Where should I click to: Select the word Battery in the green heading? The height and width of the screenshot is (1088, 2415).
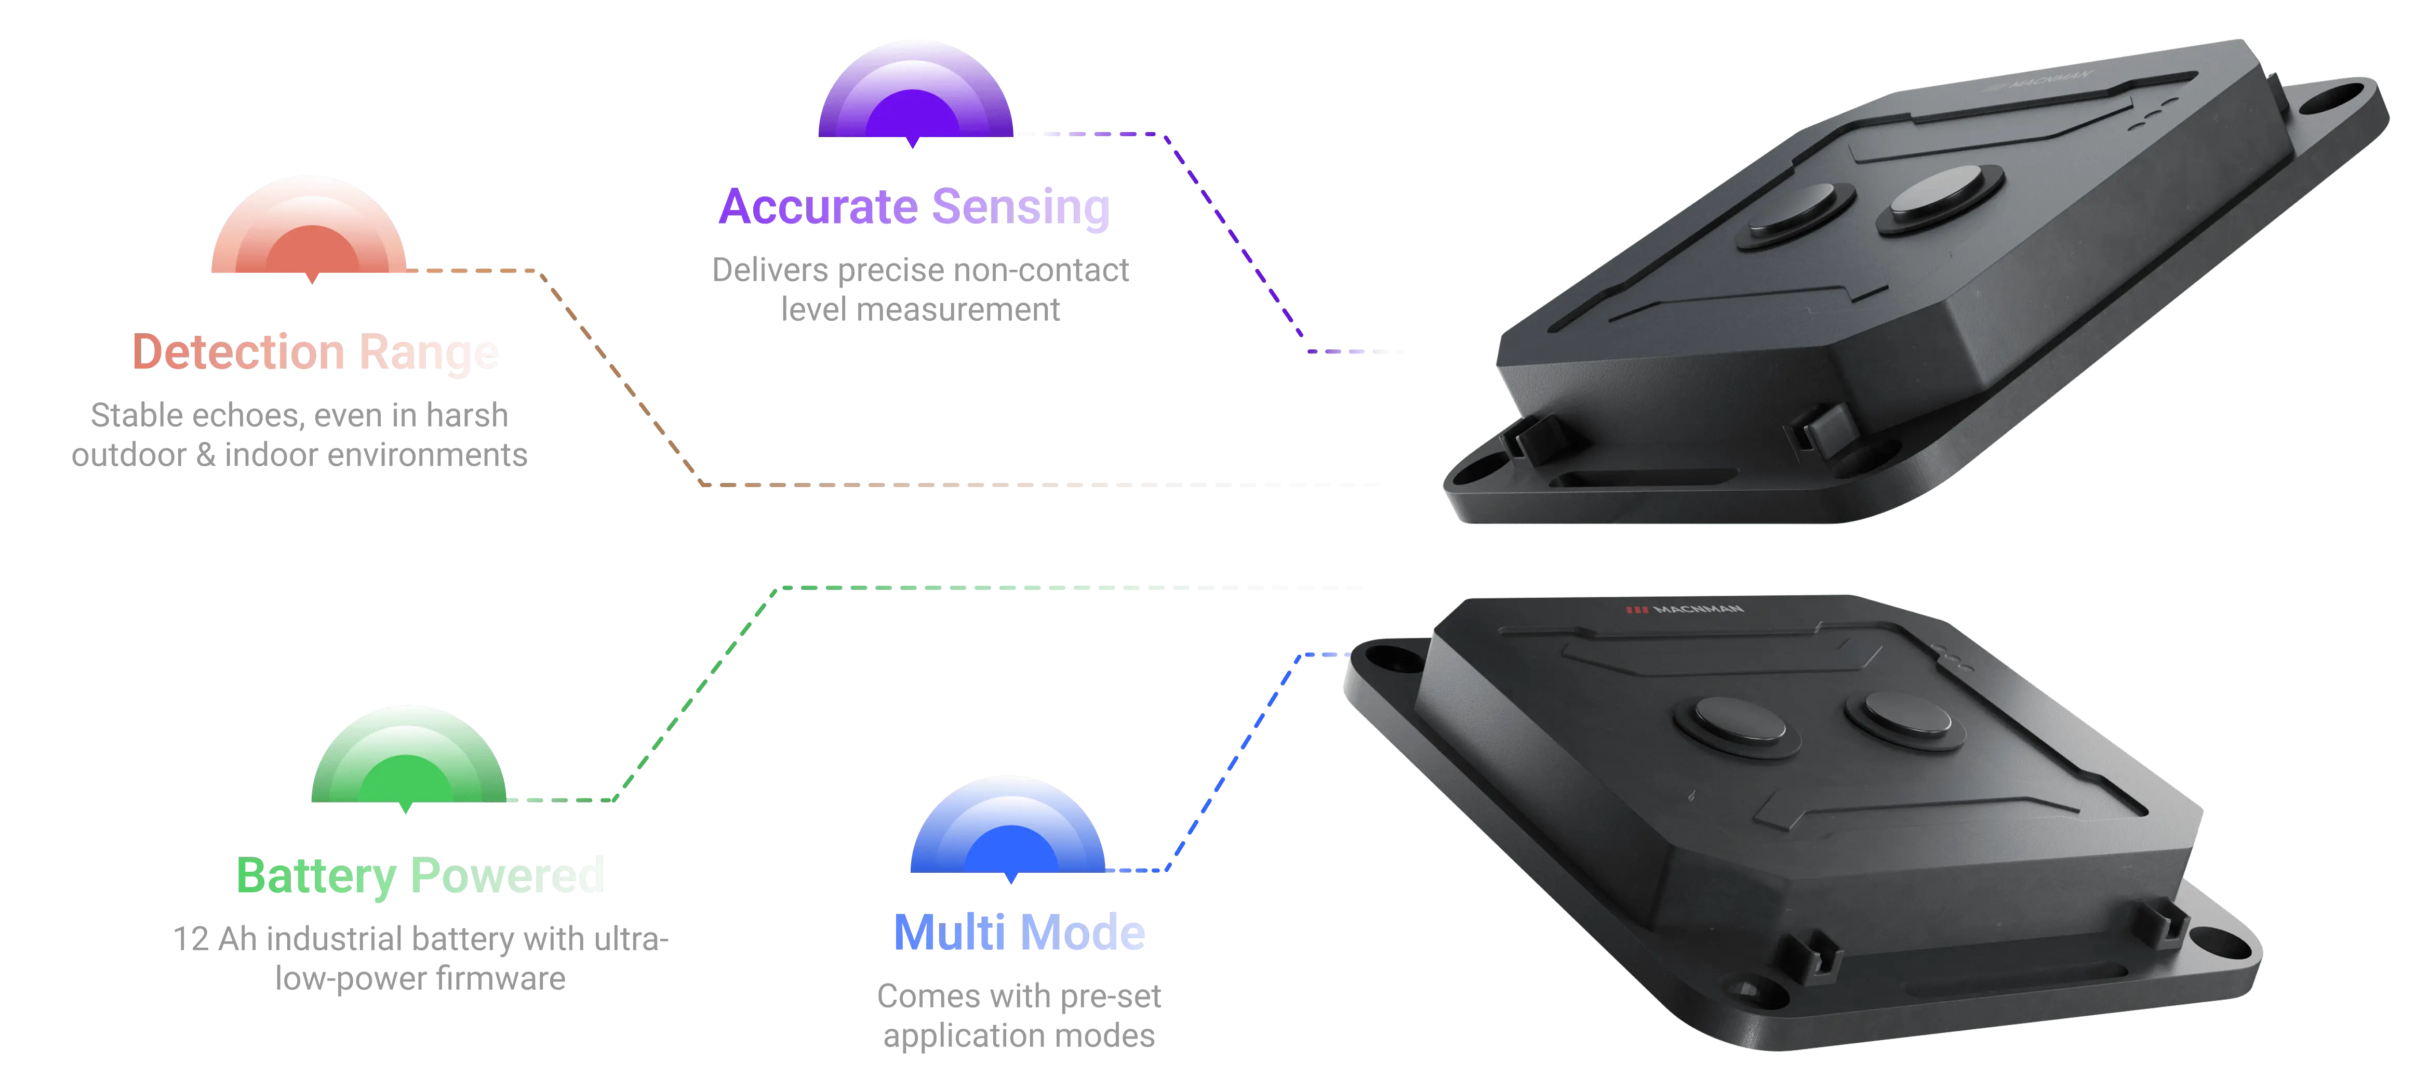(x=316, y=876)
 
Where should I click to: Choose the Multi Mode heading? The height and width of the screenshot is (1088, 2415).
(x=1019, y=932)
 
